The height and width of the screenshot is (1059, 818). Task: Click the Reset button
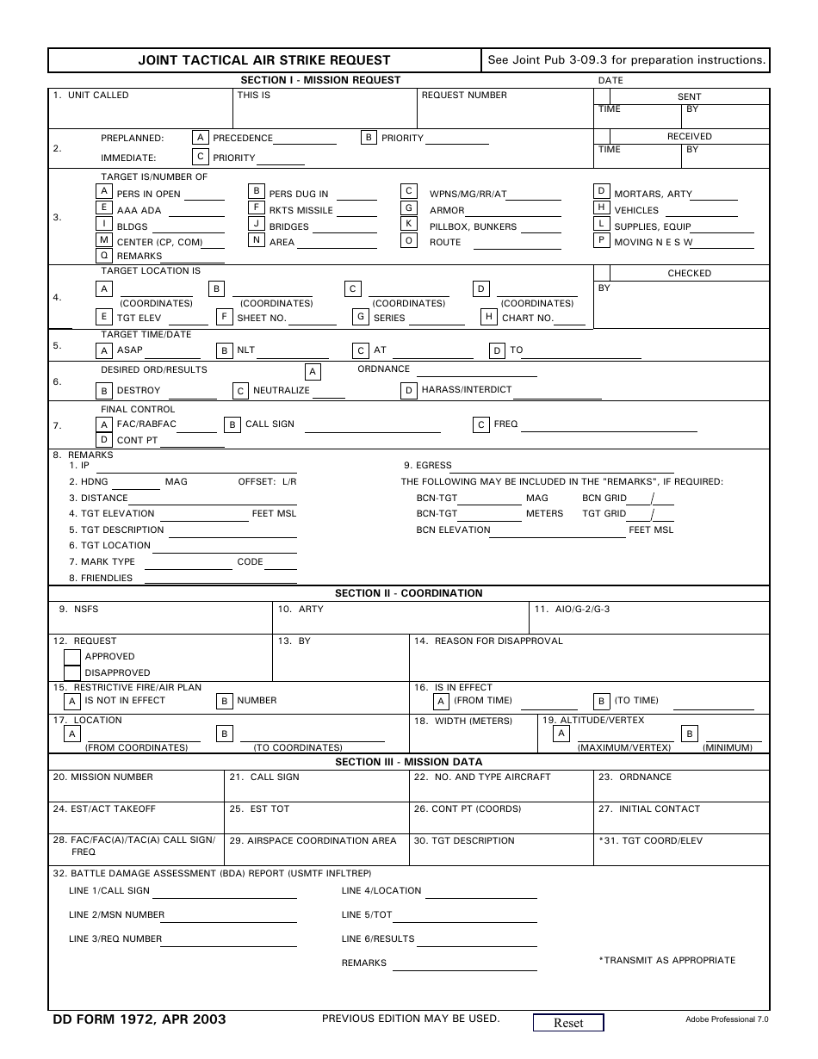(x=567, y=1023)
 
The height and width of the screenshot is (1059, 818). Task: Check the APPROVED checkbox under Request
(x=72, y=657)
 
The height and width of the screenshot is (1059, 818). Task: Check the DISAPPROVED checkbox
(x=72, y=673)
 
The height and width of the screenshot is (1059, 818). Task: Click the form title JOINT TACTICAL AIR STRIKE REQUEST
(x=264, y=60)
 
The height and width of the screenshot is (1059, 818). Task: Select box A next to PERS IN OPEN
(x=104, y=191)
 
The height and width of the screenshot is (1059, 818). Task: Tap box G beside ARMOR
(x=410, y=207)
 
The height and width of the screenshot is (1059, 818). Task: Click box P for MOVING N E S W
(x=603, y=240)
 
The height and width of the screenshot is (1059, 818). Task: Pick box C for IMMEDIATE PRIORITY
(x=200, y=157)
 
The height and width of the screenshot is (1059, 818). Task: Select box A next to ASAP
(x=104, y=350)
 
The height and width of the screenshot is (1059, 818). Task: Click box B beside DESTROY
(x=104, y=391)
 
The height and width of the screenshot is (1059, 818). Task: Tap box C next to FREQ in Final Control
(x=481, y=424)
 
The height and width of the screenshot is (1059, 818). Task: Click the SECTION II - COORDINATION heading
(x=408, y=593)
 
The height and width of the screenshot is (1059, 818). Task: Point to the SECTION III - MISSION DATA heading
(x=408, y=762)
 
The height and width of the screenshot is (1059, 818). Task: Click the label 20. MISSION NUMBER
(x=103, y=777)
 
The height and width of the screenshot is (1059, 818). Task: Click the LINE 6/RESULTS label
(x=378, y=939)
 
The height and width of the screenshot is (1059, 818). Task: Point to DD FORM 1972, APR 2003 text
(x=139, y=1019)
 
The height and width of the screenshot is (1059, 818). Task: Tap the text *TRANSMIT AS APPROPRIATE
(x=666, y=961)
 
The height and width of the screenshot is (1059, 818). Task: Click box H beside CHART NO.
(x=488, y=317)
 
